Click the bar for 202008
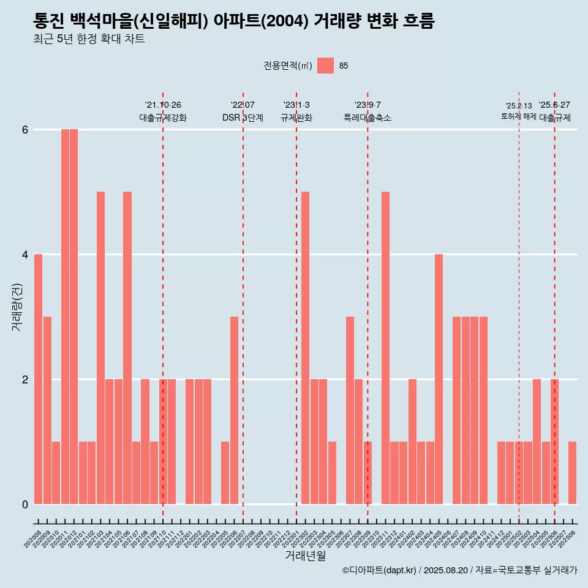[x=38, y=379]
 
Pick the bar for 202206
[x=234, y=410]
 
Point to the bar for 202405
[x=439, y=379]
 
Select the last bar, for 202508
[x=572, y=473]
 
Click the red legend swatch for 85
[x=326, y=66]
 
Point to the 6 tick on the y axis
[x=25, y=130]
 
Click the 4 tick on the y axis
[x=25, y=254]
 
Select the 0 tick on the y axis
[x=25, y=504]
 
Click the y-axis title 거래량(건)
[x=17, y=306]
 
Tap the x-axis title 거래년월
[x=305, y=556]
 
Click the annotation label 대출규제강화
[x=163, y=118]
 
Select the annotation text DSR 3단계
[x=243, y=118]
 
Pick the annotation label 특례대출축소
[x=367, y=118]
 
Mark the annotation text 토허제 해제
[x=519, y=116]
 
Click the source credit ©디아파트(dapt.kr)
[x=379, y=571]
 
